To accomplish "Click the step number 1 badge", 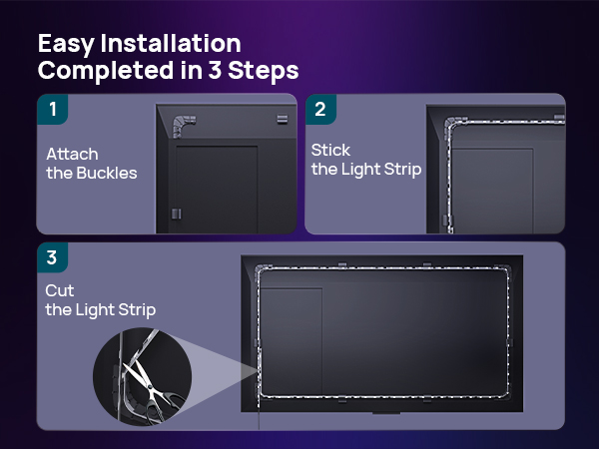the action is [x=52, y=109].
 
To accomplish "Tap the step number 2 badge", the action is [x=320, y=109].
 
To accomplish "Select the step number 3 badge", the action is [x=52, y=257].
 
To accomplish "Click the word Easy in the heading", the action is [x=66, y=44].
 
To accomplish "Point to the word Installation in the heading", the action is [x=171, y=43].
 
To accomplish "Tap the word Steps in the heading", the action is [x=264, y=71].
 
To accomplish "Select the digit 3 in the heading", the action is [x=215, y=70].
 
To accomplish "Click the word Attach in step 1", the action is [x=72, y=154].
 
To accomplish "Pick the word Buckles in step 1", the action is [x=107, y=173].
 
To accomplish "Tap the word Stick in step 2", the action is [x=330, y=150].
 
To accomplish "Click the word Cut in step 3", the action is [x=60, y=290].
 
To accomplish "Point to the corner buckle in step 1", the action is [x=184, y=126].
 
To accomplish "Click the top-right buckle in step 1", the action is [x=283, y=119].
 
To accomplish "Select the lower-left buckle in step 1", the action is [x=176, y=214].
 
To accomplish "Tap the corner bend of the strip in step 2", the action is [x=451, y=124].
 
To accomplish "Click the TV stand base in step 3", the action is [x=386, y=413].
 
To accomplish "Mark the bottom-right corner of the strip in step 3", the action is [x=507, y=395].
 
